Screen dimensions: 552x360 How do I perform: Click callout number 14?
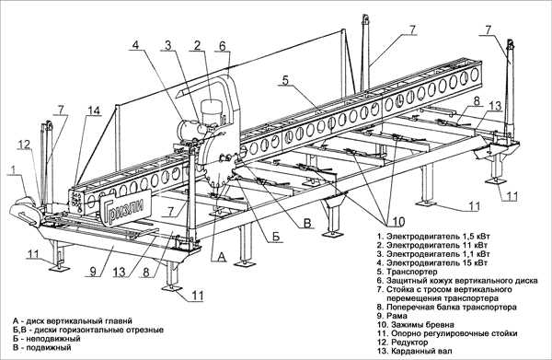pyautogui.click(x=94, y=110)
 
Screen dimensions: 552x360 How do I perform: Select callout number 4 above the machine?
pyautogui.click(x=136, y=46)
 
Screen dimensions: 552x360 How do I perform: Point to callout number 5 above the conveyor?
pyautogui.click(x=285, y=80)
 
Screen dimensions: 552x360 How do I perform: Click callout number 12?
pyautogui.click(x=25, y=145)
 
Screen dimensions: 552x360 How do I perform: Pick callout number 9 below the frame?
pyautogui.click(x=93, y=272)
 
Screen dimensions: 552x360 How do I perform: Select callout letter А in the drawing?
pyautogui.click(x=221, y=257)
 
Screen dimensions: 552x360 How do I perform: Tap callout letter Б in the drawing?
pyautogui.click(x=276, y=237)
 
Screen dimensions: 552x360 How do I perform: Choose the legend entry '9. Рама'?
pyautogui.click(x=392, y=316)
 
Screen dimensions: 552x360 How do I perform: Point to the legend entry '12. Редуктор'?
pyautogui.click(x=402, y=342)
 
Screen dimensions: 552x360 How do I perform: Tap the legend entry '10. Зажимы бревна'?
pyautogui.click(x=416, y=324)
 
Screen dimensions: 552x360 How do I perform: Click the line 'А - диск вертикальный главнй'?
pyautogui.click(x=73, y=321)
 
